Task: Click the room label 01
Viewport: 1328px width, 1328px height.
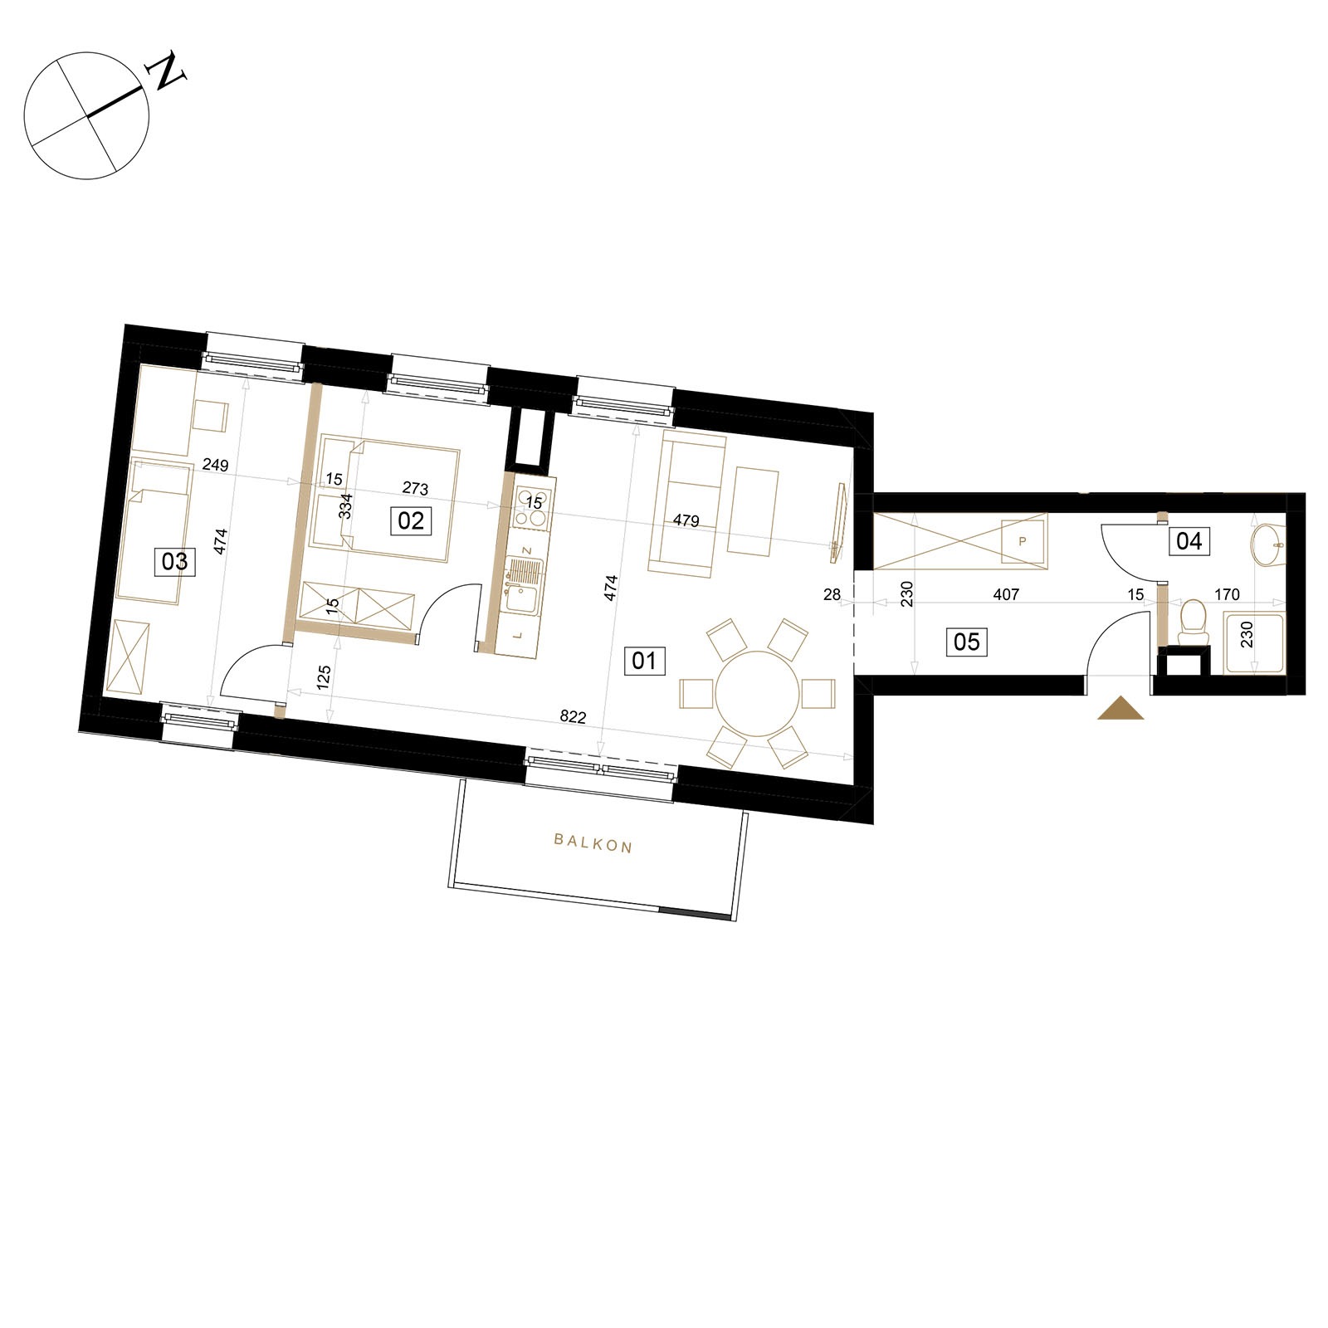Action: tap(644, 661)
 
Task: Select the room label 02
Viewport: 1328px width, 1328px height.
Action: tap(411, 520)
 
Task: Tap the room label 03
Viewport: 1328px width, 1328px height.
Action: tap(174, 562)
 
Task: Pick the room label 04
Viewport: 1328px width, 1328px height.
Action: tap(1189, 541)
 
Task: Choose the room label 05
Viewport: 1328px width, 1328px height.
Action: tap(967, 642)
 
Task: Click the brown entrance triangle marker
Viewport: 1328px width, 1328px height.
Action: tap(1120, 707)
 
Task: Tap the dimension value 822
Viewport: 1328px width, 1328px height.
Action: tap(573, 717)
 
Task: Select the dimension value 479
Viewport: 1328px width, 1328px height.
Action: tap(686, 520)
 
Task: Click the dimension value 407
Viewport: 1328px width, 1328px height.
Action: tap(1006, 594)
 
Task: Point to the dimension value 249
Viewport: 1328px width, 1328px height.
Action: tap(215, 465)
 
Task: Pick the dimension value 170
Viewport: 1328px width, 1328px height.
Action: tap(1227, 594)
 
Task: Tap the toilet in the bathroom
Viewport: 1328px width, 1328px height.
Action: tap(1193, 621)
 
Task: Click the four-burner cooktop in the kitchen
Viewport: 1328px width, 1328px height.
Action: tap(531, 508)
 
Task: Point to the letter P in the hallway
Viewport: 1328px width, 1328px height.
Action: tap(1023, 541)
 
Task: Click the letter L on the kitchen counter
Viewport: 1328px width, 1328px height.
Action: tap(519, 635)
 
